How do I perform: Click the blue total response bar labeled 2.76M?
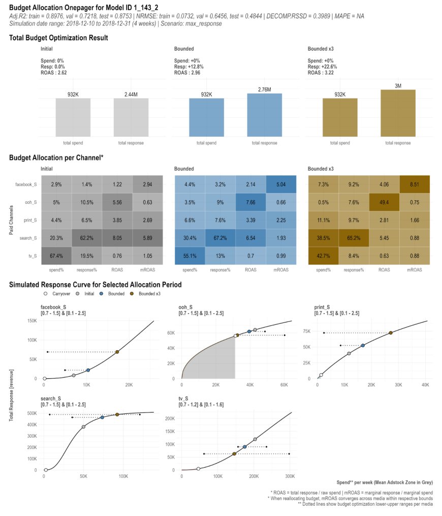click(x=265, y=115)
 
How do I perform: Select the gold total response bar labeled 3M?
click(x=398, y=113)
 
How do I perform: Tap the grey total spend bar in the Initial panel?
click(x=73, y=117)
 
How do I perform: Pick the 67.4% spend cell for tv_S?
click(x=56, y=256)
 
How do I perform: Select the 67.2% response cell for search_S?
click(x=220, y=238)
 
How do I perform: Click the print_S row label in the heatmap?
click(x=30, y=220)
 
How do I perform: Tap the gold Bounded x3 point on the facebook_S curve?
click(x=117, y=352)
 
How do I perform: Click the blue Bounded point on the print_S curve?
click(x=363, y=345)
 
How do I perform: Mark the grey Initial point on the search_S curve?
click(x=83, y=427)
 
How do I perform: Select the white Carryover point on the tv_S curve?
click(x=198, y=468)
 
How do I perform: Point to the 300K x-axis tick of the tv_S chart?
click(x=290, y=476)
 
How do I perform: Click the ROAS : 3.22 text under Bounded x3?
click(x=322, y=73)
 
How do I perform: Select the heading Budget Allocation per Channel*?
click(x=56, y=158)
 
